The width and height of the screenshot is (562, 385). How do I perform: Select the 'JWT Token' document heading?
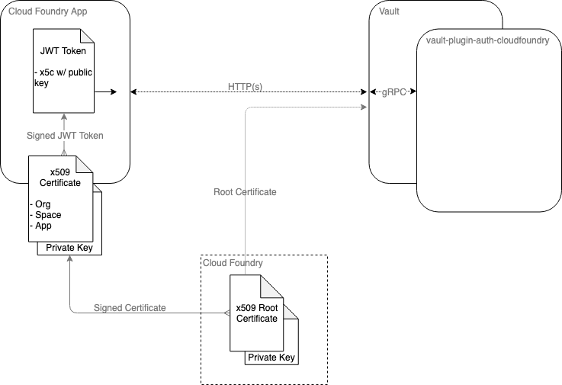click(x=64, y=53)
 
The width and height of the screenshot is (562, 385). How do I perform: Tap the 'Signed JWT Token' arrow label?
click(x=64, y=136)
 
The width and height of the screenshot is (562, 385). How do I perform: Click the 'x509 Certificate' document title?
click(x=59, y=178)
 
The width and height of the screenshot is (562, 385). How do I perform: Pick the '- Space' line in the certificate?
click(x=46, y=215)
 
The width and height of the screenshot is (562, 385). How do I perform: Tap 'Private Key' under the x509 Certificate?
click(x=69, y=247)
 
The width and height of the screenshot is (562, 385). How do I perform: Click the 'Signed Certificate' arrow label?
click(x=130, y=308)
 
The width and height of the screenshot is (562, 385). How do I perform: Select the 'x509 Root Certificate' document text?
click(x=256, y=313)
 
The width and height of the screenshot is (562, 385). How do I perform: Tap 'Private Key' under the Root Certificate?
click(x=271, y=357)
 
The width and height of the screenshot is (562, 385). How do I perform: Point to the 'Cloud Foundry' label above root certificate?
click(x=233, y=263)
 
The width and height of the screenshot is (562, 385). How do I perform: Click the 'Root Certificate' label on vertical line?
click(x=245, y=192)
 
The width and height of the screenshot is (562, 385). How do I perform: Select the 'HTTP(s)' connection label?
click(x=245, y=88)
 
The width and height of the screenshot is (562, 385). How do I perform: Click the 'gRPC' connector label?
click(x=393, y=91)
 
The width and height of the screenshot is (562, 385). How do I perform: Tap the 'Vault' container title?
click(x=389, y=12)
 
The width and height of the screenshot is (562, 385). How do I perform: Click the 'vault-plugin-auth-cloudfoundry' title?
click(x=488, y=40)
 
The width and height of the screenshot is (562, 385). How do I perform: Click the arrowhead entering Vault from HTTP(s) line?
click(x=363, y=107)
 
